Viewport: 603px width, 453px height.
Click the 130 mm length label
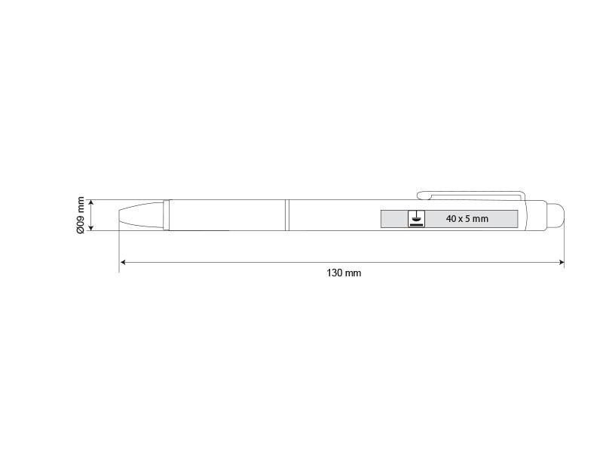coord(344,273)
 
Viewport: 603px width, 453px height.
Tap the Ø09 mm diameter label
coord(81,215)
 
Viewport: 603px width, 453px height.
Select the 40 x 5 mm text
coord(467,219)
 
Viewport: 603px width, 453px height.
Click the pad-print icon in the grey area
coord(416,219)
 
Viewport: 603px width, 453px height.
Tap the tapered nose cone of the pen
coord(141,215)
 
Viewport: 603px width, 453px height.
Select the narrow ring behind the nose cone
coord(166,215)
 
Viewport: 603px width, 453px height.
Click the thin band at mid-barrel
coord(287,215)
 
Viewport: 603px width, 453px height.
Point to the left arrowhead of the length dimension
coord(123,262)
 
